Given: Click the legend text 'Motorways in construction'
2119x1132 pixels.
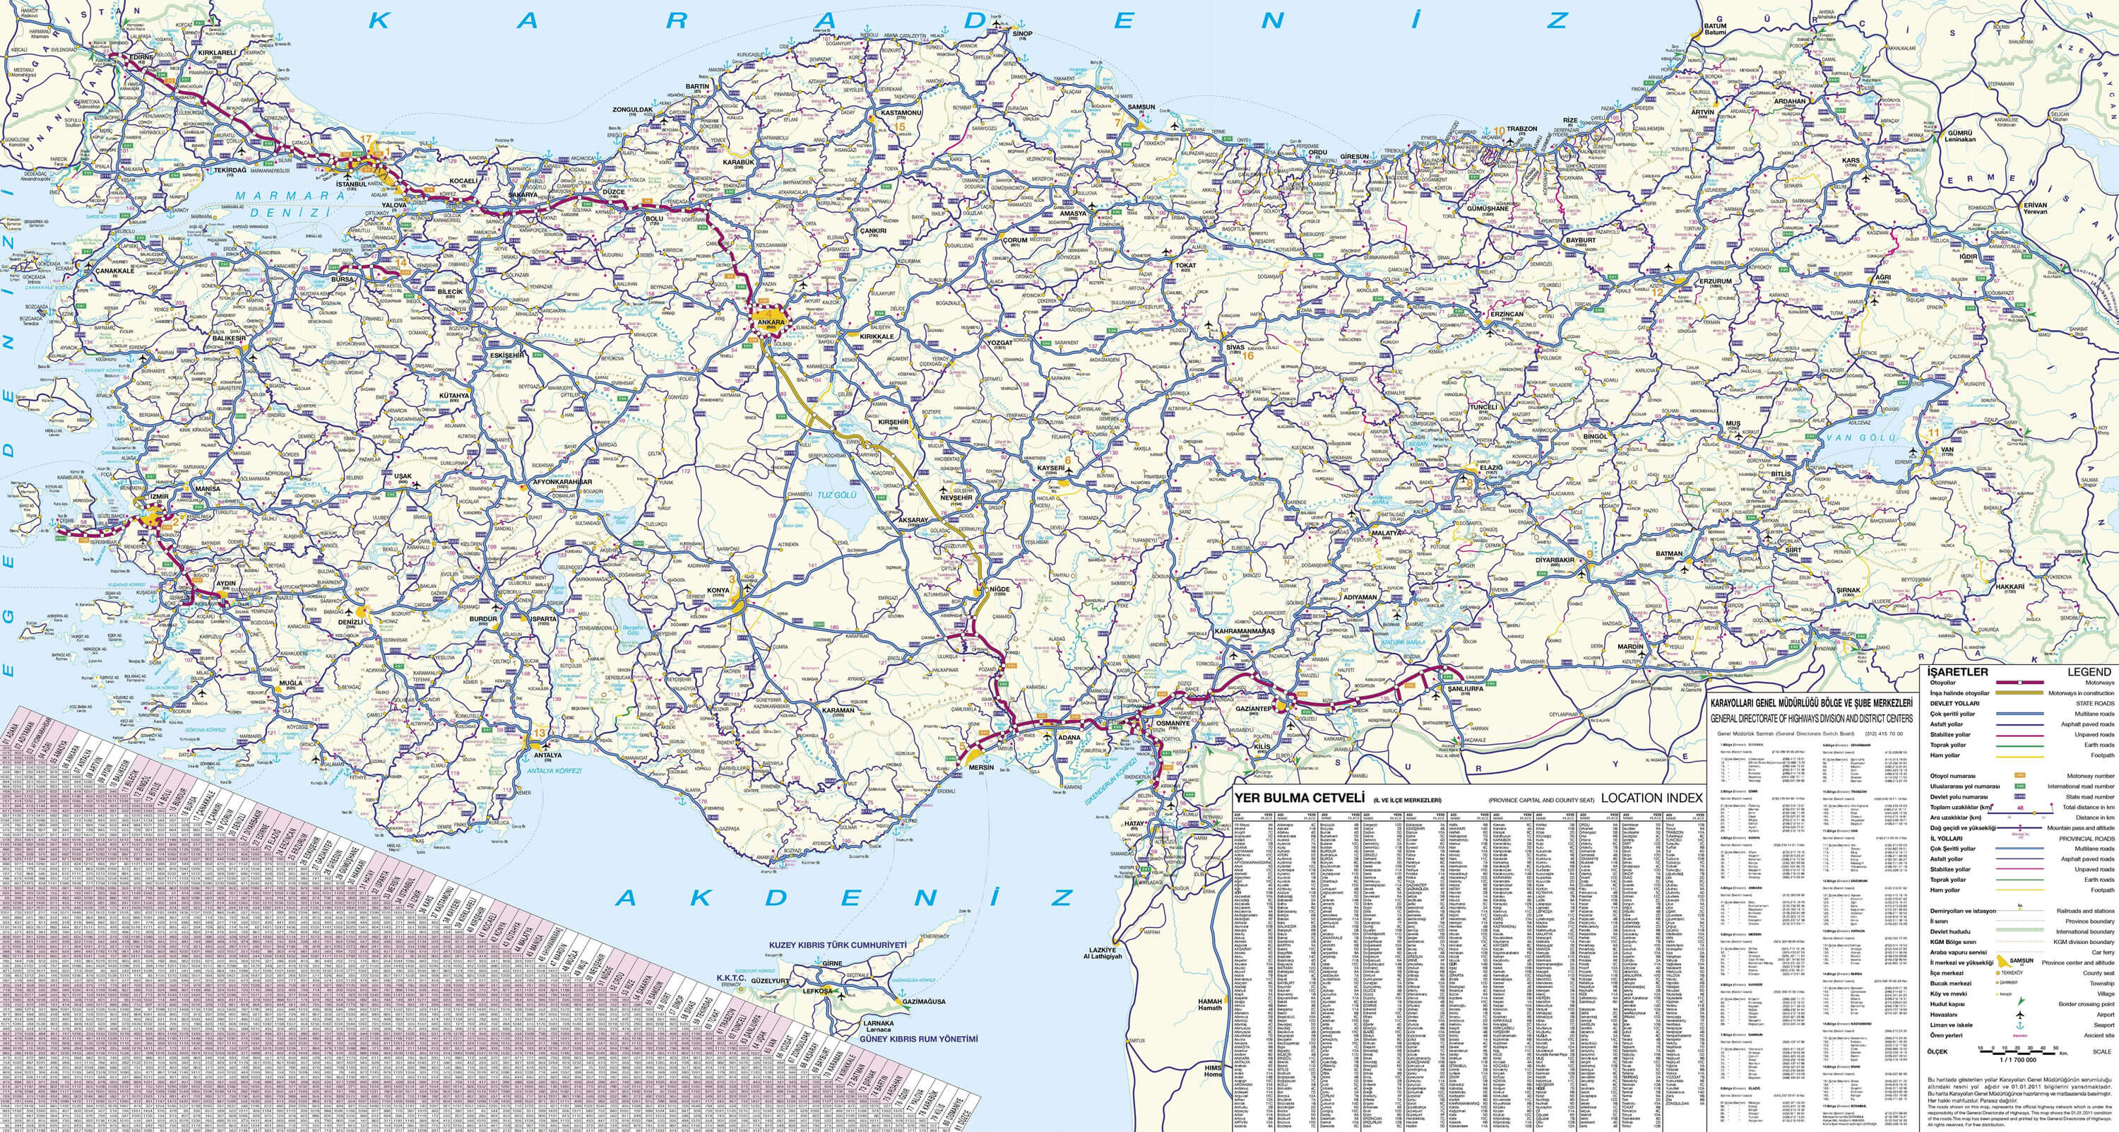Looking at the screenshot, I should pos(2080,693).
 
